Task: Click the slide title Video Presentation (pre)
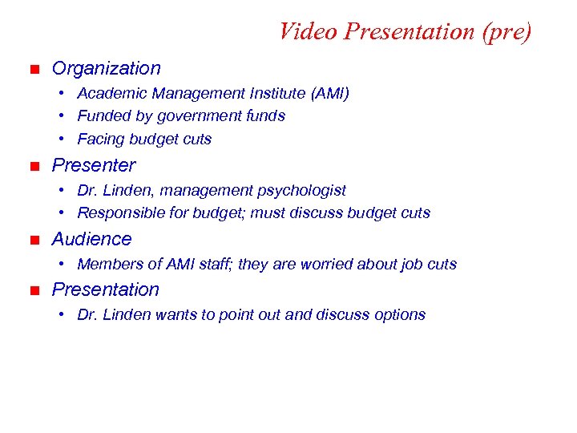click(x=405, y=31)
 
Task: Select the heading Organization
click(x=106, y=69)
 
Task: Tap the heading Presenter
click(x=94, y=165)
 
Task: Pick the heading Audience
click(x=91, y=239)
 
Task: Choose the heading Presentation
click(x=105, y=289)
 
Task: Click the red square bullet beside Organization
click(x=33, y=70)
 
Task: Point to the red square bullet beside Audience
click(x=33, y=240)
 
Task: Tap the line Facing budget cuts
click(x=144, y=140)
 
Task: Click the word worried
click(x=328, y=264)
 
